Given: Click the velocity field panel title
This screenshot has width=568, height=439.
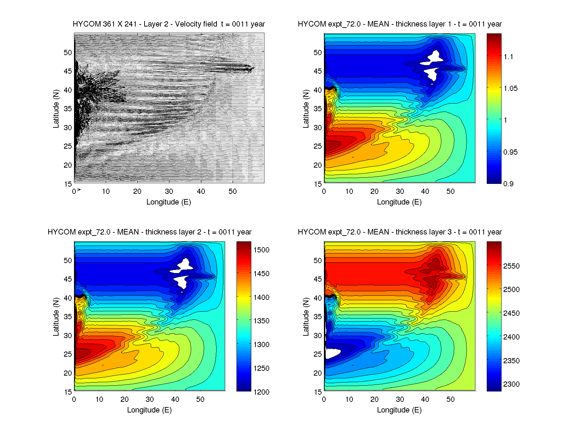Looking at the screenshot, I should tap(169, 24).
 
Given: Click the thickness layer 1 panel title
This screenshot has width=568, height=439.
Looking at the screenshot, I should tap(400, 24).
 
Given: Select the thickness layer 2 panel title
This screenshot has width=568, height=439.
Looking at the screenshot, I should tap(149, 232).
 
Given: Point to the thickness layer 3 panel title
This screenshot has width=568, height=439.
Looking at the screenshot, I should tap(400, 232).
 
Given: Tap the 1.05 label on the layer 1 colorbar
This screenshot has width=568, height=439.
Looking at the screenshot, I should tap(511, 88).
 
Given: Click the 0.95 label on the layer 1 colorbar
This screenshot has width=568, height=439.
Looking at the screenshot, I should tap(511, 152).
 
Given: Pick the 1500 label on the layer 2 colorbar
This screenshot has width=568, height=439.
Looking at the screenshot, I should tap(261, 250).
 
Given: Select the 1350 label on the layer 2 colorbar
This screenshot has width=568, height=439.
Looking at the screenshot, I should tap(261, 321).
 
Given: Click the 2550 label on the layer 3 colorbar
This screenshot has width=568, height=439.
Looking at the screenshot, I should tap(511, 266).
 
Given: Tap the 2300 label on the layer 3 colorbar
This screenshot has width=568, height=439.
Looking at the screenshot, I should tap(511, 384).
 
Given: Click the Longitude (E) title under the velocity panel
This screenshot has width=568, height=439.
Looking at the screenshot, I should tap(169, 202).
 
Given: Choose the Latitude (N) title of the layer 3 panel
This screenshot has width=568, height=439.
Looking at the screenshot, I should tap(306, 317).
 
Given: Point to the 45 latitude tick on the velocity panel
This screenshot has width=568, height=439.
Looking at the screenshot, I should tap(68, 71).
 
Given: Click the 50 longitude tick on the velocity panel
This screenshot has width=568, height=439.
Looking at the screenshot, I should tap(233, 191).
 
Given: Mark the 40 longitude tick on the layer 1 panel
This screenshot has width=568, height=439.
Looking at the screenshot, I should tap(425, 191).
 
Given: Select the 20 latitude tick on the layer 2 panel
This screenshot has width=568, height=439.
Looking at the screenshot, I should tap(68, 373).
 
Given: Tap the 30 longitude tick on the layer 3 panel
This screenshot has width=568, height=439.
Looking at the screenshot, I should tap(400, 399).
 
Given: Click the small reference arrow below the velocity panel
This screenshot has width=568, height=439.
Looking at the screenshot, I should tap(79, 189).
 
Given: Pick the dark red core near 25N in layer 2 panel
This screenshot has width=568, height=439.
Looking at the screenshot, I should tap(82, 353).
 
